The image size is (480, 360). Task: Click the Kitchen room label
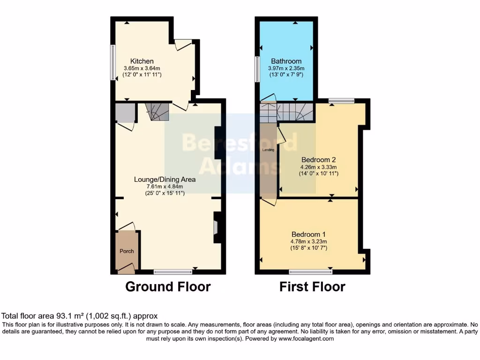(142, 61)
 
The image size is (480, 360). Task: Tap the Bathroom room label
(286, 61)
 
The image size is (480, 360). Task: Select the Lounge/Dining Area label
(165, 179)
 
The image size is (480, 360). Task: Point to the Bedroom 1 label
(308, 234)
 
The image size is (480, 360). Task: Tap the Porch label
(127, 251)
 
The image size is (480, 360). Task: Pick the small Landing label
(268, 150)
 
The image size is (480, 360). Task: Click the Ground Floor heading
(168, 286)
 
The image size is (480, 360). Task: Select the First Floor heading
(312, 286)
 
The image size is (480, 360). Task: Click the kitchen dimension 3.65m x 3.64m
(142, 68)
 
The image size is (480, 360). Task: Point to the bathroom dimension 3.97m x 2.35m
(286, 68)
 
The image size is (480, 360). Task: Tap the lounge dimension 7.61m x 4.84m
(165, 187)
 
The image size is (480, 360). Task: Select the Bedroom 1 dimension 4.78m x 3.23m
(308, 242)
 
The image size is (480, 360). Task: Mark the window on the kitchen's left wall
(112, 62)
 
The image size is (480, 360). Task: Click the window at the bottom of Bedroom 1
(311, 271)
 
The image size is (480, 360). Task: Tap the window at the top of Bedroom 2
(341, 100)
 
